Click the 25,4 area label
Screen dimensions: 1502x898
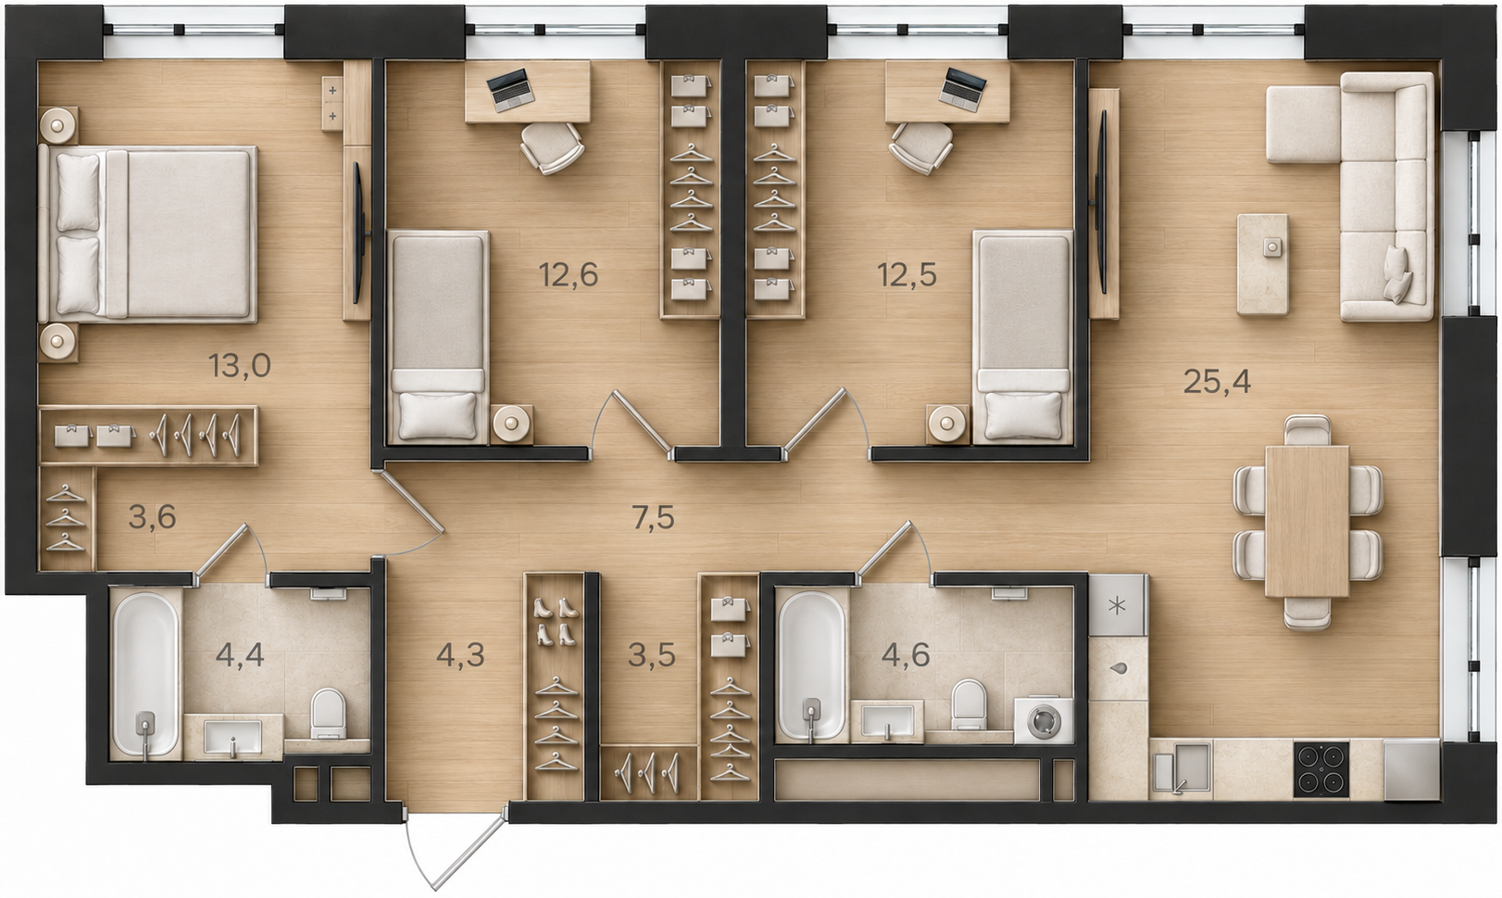(x=1217, y=382)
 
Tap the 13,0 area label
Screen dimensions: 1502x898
(x=240, y=366)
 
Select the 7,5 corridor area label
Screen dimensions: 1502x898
(x=653, y=517)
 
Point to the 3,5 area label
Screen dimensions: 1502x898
(x=651, y=655)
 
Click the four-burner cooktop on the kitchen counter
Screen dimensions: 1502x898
(x=1321, y=769)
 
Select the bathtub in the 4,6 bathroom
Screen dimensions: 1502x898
(x=811, y=665)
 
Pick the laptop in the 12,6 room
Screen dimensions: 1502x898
(x=511, y=89)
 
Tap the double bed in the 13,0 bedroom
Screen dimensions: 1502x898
(x=148, y=233)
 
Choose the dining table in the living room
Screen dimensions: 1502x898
(x=1307, y=521)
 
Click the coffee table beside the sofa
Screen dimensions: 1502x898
(x=1262, y=264)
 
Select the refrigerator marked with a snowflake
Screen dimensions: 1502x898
(x=1117, y=605)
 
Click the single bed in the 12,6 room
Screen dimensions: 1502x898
(x=439, y=336)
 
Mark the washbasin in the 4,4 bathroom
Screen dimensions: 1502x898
(x=232, y=738)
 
